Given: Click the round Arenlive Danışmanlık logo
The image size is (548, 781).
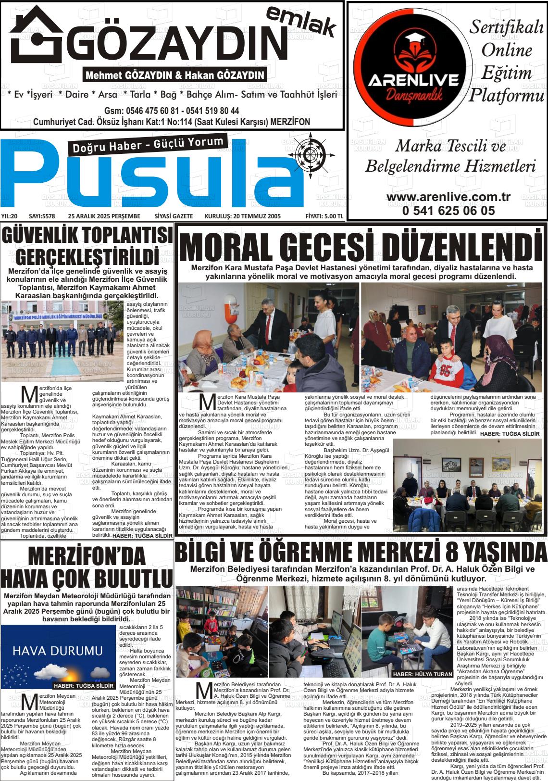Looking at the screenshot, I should pos(413,68).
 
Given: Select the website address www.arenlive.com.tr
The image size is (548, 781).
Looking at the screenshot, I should pos(448,198).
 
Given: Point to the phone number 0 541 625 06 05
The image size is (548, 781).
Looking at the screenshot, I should pos(448,210).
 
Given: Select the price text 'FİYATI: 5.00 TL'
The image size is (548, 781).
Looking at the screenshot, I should pos(324,216).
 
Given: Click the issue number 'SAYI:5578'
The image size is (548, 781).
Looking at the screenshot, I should pos(42,216).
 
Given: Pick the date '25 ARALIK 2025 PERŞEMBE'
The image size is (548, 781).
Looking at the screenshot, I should pos(104,216).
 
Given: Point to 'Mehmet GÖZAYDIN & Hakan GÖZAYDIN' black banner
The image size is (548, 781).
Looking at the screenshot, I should pos(175,76).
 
